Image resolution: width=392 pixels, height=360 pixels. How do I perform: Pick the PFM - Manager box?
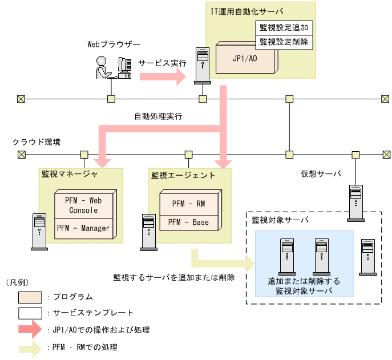(x=84, y=228)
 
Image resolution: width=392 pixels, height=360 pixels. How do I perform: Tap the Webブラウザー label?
(x=113, y=44)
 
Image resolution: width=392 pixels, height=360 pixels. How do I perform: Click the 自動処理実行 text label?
(x=157, y=116)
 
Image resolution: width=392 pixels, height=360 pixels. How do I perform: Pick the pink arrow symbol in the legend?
(x=29, y=329)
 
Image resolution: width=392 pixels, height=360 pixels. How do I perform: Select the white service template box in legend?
(x=29, y=313)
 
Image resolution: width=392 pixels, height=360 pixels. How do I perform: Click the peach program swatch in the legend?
(x=29, y=297)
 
